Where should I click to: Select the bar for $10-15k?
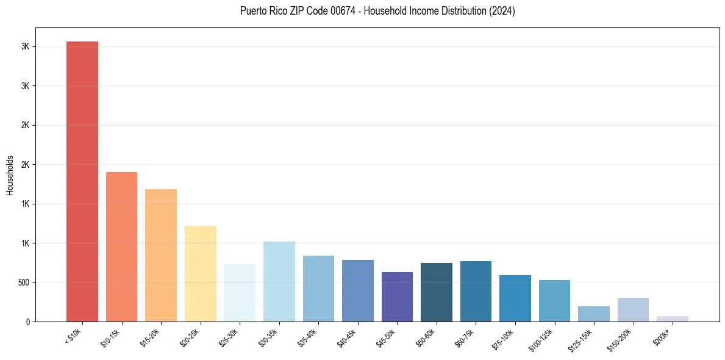(x=121, y=247)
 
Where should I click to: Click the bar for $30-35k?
(x=279, y=281)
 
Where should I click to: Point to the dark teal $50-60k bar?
(x=437, y=292)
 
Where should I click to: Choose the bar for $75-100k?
(x=515, y=298)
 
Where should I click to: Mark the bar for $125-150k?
(x=594, y=314)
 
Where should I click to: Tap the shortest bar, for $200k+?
(x=673, y=319)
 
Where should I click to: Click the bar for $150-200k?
(x=633, y=309)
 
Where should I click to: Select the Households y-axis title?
(x=10, y=175)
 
